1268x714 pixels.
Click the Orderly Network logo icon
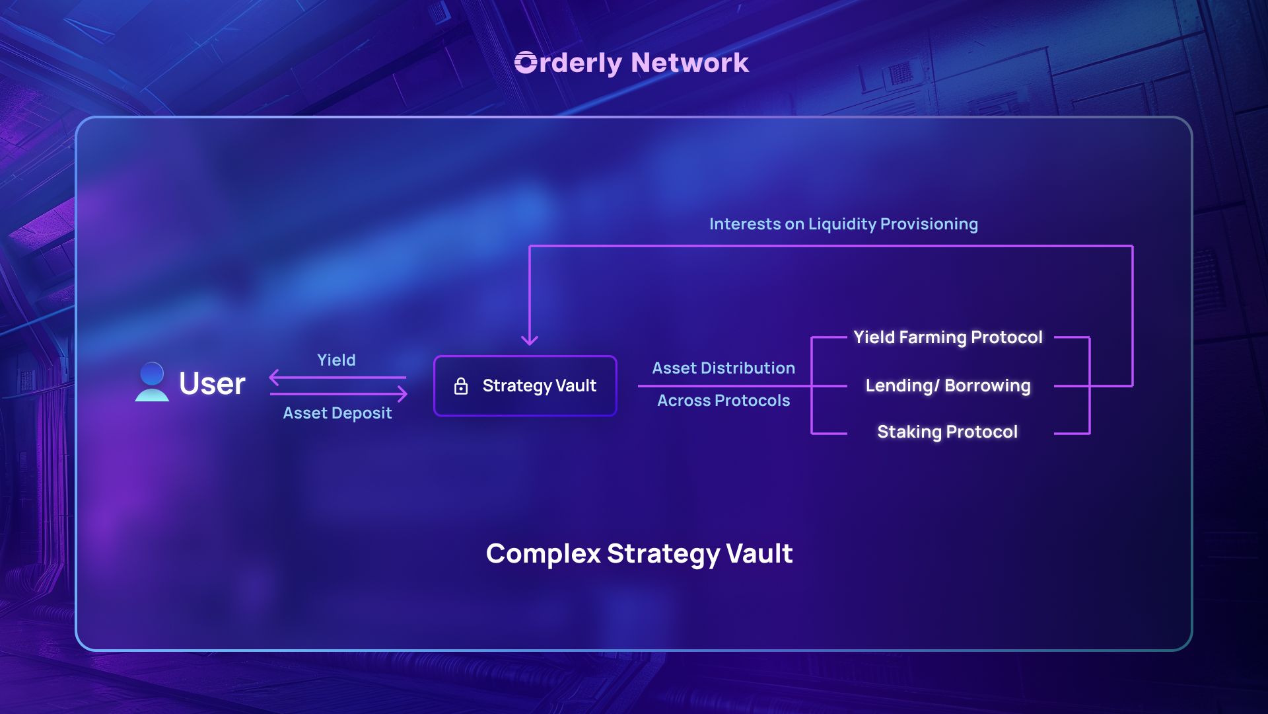[526, 63]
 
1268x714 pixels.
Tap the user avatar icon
[152, 382]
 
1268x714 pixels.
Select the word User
[212, 383]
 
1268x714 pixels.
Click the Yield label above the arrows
[336, 360]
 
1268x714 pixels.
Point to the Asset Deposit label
[337, 413]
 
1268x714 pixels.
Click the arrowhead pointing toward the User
[274, 377]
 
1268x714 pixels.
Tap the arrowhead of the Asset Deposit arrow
[402, 394]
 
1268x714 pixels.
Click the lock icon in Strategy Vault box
[461, 386]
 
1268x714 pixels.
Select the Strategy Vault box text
[539, 385]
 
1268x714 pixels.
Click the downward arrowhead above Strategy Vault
[530, 340]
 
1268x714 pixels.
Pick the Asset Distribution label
[723, 368]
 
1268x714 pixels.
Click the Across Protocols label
[723, 401]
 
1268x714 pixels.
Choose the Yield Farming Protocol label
[948, 337]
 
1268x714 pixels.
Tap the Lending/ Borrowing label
[948, 385]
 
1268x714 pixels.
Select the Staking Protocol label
[947, 432]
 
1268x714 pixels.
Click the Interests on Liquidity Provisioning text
[843, 224]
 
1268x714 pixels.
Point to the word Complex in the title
[543, 554]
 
